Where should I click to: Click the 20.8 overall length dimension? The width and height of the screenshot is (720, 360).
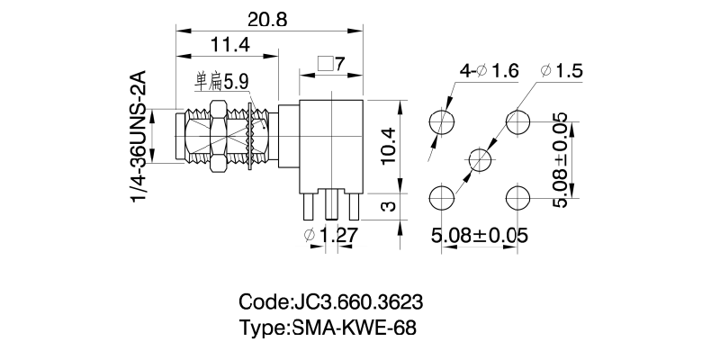(266, 19)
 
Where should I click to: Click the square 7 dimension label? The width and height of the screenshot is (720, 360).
(332, 65)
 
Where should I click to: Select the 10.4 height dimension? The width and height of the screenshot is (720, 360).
(386, 142)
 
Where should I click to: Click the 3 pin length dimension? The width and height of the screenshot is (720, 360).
(387, 206)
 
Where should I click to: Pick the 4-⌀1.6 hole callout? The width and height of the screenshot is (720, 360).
(490, 71)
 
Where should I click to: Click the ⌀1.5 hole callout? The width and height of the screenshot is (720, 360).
(564, 71)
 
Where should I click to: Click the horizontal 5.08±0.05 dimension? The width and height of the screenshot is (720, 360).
(479, 236)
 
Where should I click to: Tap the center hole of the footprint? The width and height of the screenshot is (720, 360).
(481, 160)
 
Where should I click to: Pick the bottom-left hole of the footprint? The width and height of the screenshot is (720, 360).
(442, 198)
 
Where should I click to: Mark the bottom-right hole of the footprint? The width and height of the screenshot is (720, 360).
(518, 198)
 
